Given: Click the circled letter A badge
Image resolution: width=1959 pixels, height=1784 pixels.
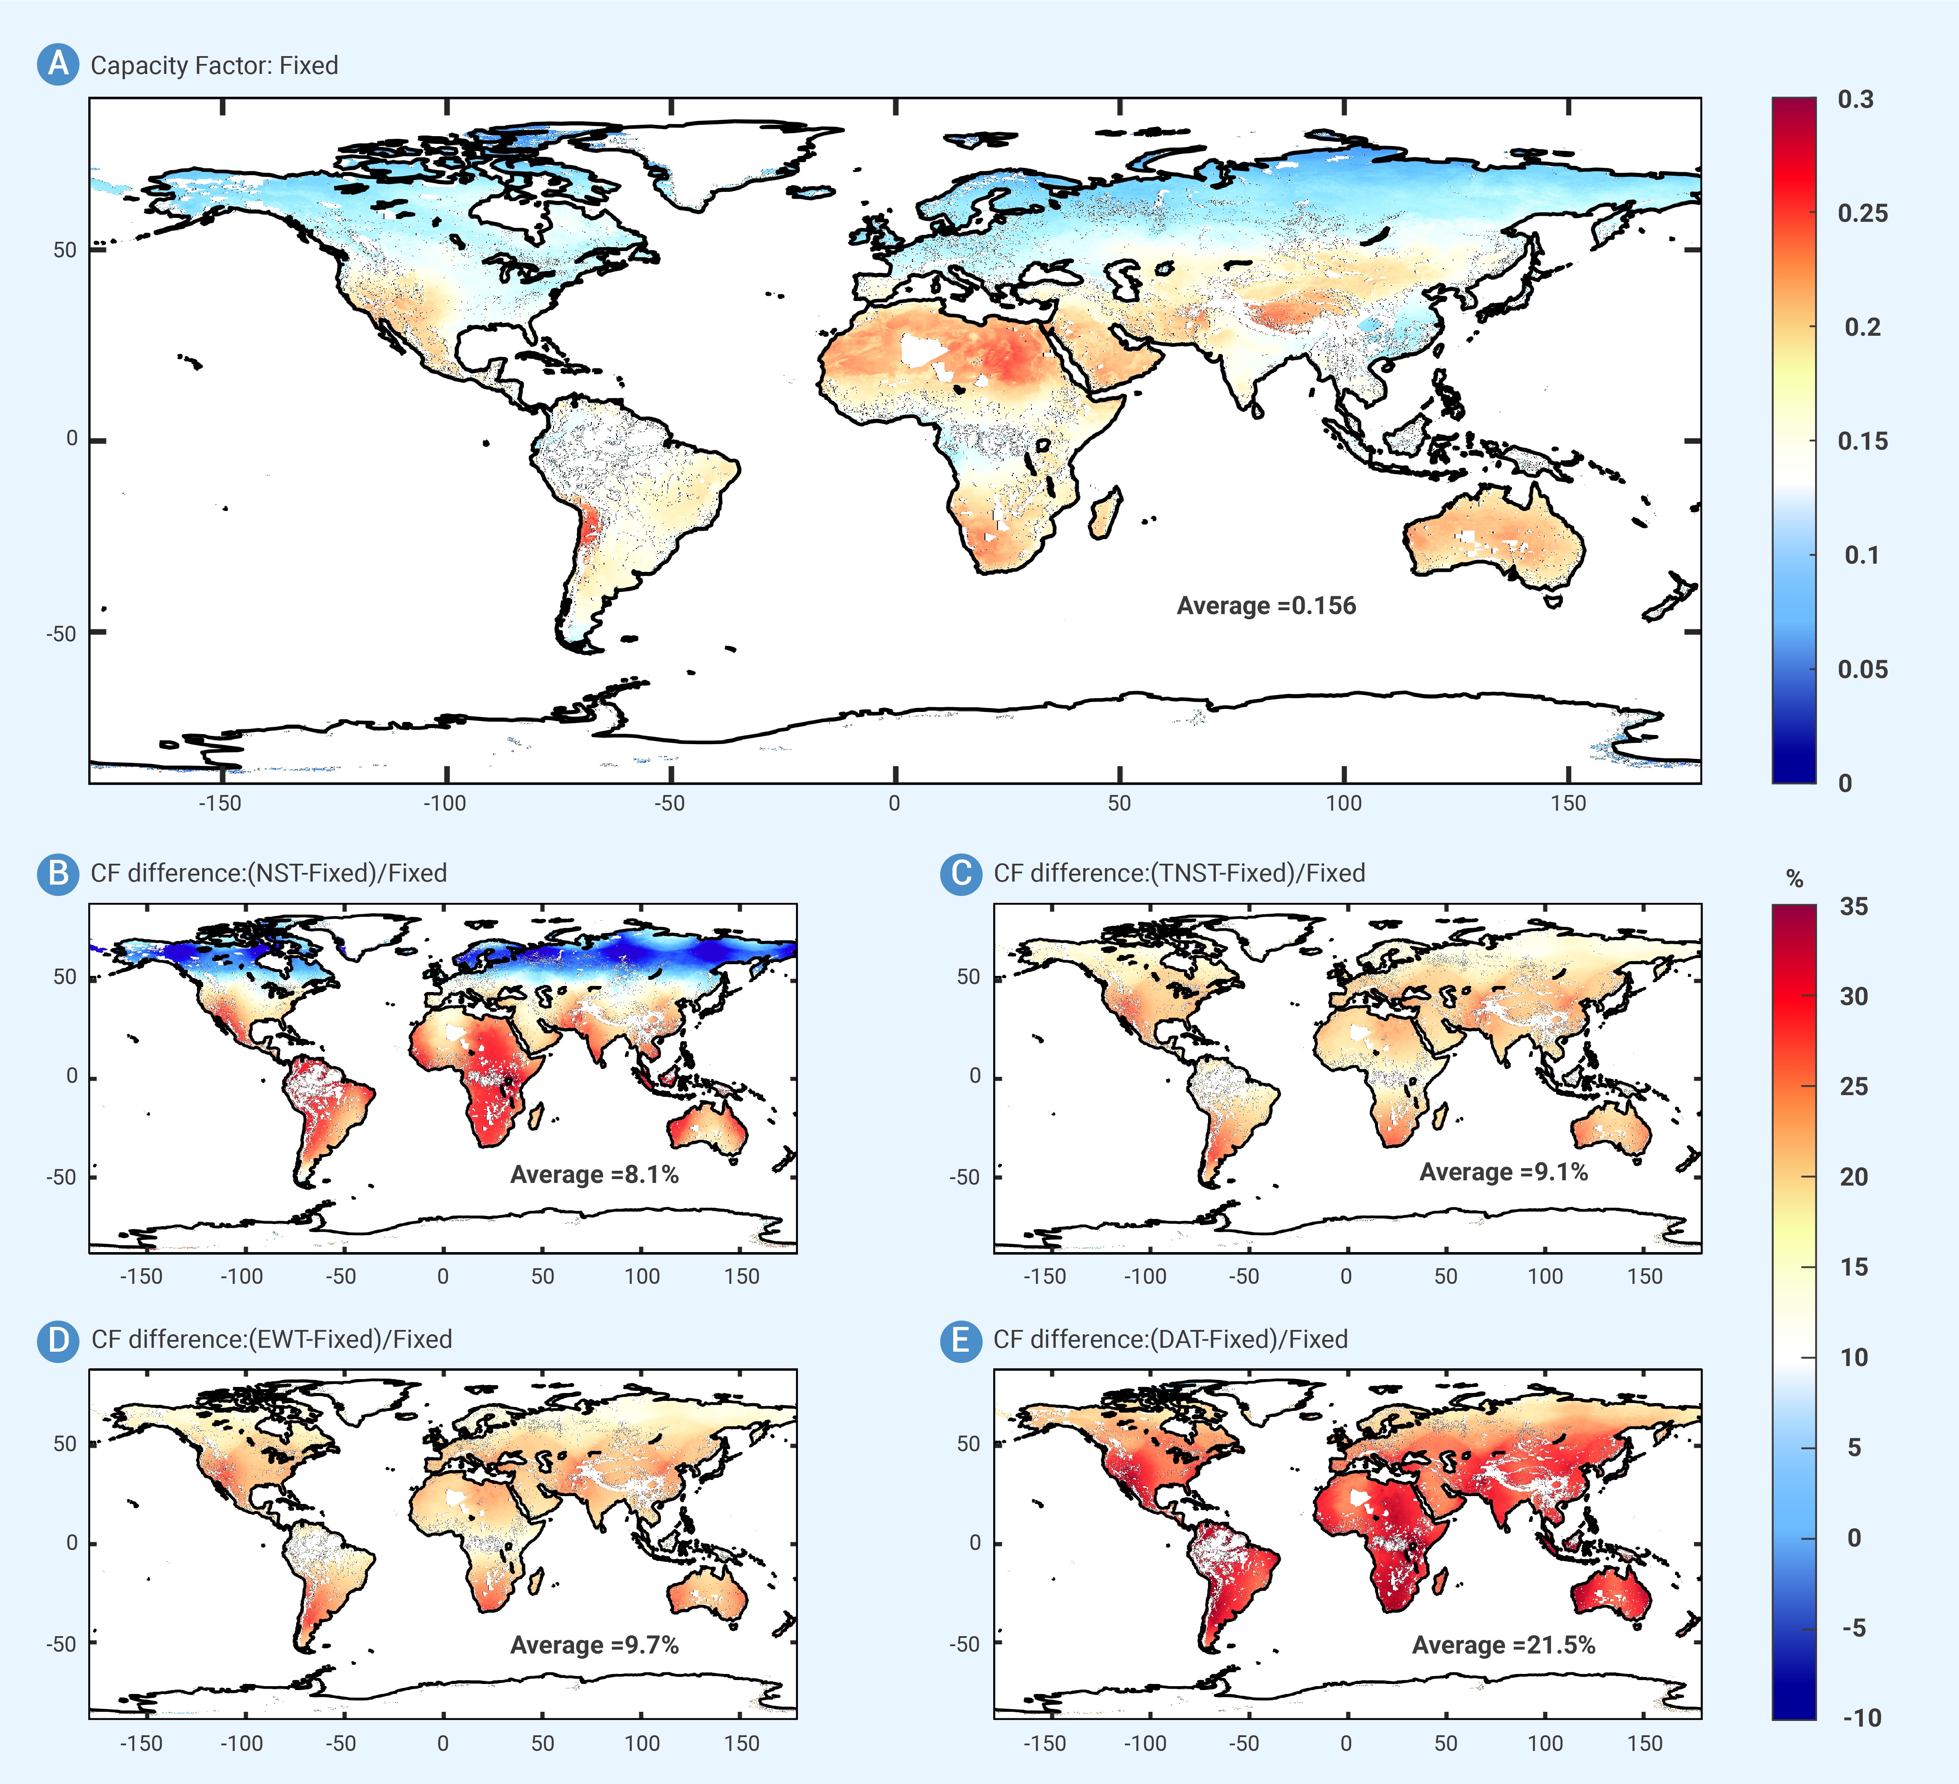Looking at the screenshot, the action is click(58, 64).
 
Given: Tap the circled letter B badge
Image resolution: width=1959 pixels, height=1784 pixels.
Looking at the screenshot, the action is click(58, 872).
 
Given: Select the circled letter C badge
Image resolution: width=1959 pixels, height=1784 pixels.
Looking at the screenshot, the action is click(961, 872).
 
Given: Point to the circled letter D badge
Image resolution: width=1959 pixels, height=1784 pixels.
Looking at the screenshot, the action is click(58, 1340).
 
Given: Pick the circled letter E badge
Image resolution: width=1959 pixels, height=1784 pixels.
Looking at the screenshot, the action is click(961, 1340).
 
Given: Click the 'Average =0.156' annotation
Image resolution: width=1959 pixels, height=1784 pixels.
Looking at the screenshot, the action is click(1266, 605).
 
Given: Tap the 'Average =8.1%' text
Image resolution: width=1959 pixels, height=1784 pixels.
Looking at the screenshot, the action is click(595, 1175).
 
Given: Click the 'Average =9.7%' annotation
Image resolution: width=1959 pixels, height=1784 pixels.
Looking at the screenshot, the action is click(595, 1645).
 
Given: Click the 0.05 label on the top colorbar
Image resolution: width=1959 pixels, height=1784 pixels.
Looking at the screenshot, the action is click(1862, 669).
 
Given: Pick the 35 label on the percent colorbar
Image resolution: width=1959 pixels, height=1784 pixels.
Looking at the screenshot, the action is click(1853, 907).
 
